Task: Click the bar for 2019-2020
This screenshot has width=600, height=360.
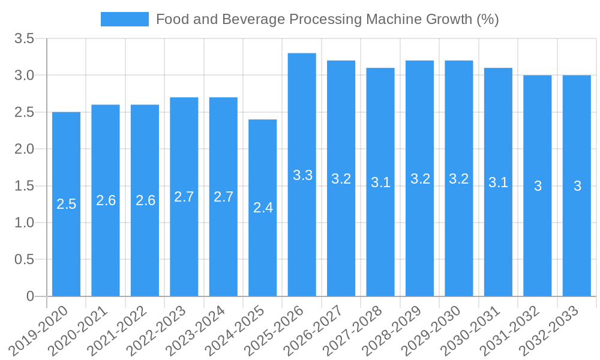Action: click(x=66, y=204)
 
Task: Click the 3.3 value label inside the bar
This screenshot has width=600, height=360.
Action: click(x=302, y=175)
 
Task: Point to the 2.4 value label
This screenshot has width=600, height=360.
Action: click(x=263, y=208)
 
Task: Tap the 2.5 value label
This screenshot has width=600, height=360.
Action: click(x=66, y=204)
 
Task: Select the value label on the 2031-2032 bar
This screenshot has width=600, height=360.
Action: click(x=538, y=186)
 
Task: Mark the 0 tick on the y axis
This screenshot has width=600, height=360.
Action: click(x=31, y=296)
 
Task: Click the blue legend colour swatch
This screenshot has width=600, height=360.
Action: click(x=124, y=19)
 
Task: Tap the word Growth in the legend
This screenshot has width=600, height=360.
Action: click(x=450, y=19)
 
